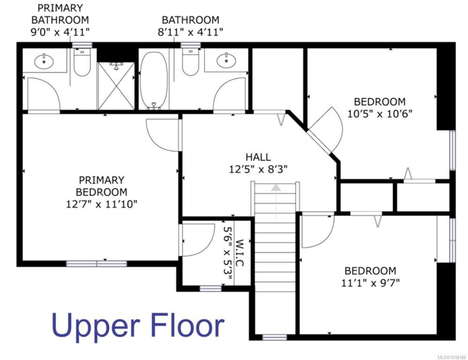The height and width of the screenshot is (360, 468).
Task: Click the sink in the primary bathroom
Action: pyautogui.click(x=44, y=61)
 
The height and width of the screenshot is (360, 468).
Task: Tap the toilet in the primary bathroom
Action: pyautogui.click(x=82, y=62)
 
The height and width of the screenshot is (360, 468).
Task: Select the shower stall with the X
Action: pyautogui.click(x=116, y=86)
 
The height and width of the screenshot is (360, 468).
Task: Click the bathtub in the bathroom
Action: pyautogui.click(x=154, y=81)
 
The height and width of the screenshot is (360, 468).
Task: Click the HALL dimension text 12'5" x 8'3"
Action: pyautogui.click(x=258, y=169)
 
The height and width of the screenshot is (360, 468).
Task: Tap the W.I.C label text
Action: pyautogui.click(x=240, y=253)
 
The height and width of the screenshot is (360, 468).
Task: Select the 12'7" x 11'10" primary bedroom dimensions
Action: pyautogui.click(x=102, y=204)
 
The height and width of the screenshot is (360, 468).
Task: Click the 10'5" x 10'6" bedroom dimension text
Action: pyautogui.click(x=379, y=114)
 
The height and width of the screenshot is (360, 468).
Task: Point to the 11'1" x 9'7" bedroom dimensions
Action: pyautogui.click(x=371, y=282)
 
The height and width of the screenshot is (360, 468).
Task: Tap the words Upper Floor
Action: pyautogui.click(x=138, y=327)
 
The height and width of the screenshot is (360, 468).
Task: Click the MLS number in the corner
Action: pyautogui.click(x=452, y=357)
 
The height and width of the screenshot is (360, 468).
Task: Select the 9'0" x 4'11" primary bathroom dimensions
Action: pyautogui.click(x=60, y=32)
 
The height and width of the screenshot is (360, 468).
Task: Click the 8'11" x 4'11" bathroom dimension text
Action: pyautogui.click(x=190, y=32)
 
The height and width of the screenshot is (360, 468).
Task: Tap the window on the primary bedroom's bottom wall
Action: pyautogui.click(x=97, y=264)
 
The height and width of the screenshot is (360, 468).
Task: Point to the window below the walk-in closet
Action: pyautogui.click(x=210, y=289)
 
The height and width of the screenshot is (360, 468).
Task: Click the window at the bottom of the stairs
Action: pyautogui.click(x=275, y=337)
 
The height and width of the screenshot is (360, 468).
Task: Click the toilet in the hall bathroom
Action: pyautogui.click(x=191, y=61)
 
